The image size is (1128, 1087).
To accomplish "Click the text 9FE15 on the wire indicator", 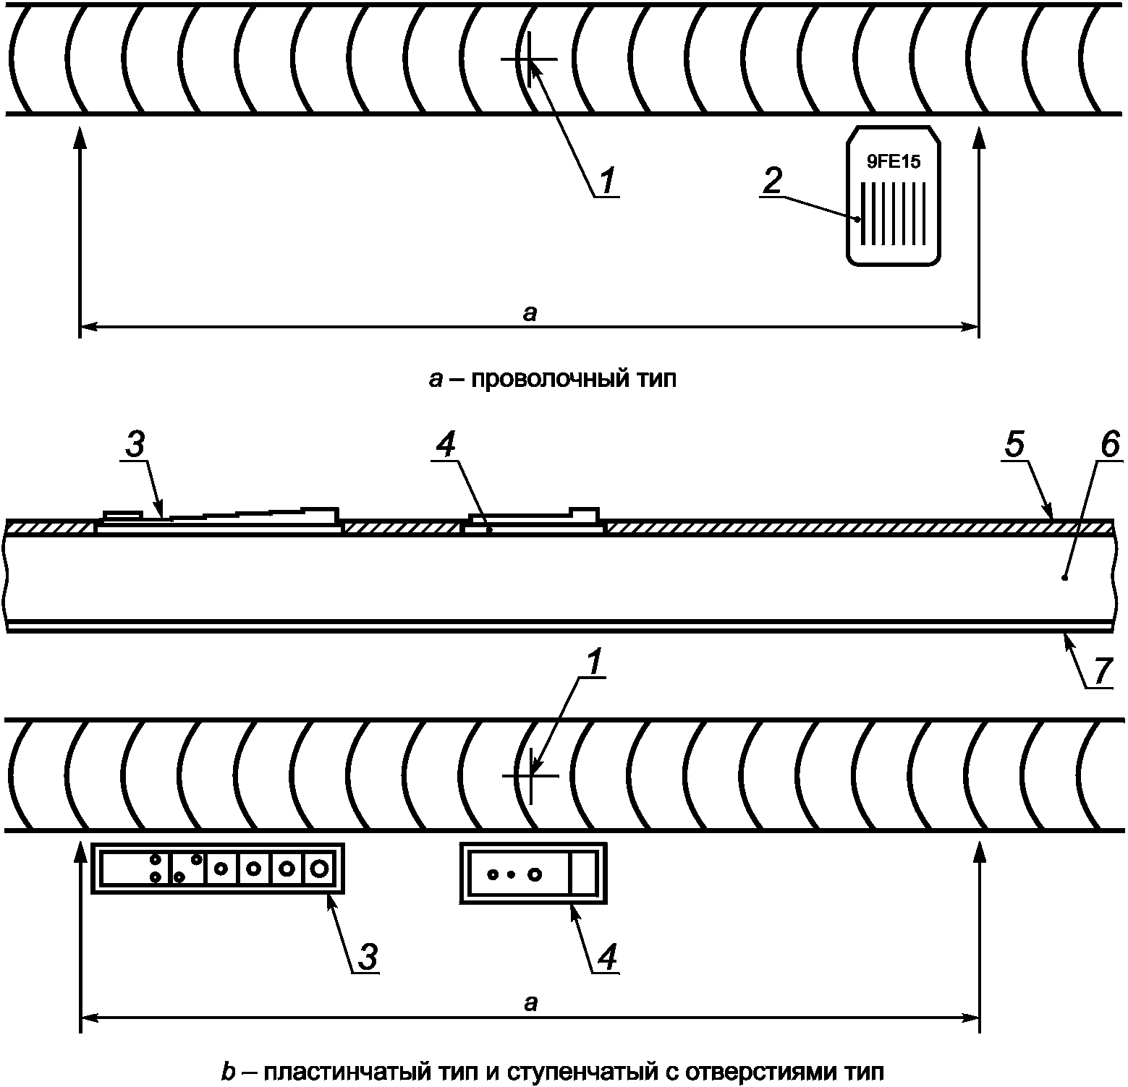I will click(894, 162).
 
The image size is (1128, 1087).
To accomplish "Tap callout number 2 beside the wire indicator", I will click(773, 180).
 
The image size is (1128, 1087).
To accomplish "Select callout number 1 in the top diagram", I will click(607, 179).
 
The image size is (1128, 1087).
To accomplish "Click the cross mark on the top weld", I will click(529, 59).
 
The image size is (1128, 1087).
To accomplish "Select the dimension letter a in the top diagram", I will click(530, 313).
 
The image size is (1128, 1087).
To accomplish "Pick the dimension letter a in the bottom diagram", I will click(531, 1003).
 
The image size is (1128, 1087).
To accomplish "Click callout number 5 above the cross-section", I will click(1015, 446).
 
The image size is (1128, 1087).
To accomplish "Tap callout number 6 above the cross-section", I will click(1107, 446).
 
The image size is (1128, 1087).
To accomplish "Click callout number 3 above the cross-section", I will click(135, 446).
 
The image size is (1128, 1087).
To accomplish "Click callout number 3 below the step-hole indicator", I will click(368, 958).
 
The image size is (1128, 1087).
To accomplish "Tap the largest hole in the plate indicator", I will click(535, 874).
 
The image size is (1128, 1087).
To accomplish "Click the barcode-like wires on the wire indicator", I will click(894, 214).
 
